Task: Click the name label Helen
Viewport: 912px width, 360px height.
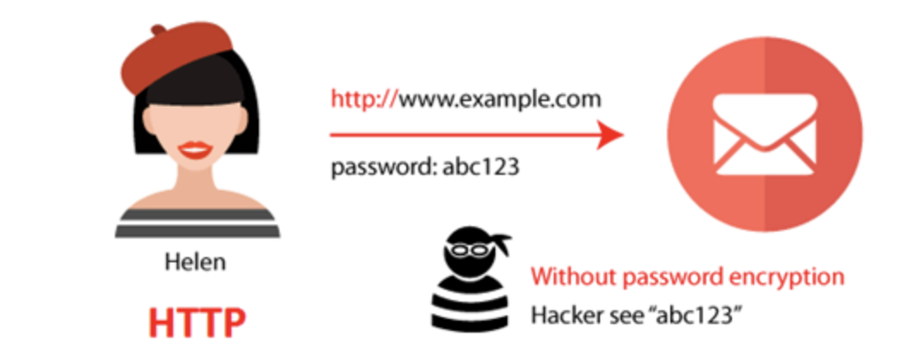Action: [x=195, y=261]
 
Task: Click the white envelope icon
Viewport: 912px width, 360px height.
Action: [x=765, y=135]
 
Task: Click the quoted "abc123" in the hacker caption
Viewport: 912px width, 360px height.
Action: [x=699, y=315]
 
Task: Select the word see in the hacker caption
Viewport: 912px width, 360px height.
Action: [x=619, y=315]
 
